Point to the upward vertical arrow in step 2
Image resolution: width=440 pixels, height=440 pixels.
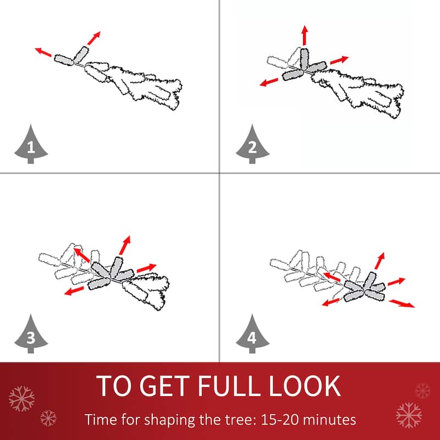(x=305, y=35)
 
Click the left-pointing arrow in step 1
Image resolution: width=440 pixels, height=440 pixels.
(x=43, y=52)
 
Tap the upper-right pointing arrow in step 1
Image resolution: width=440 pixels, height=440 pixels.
(x=94, y=38)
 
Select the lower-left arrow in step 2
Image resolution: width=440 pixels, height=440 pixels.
(x=268, y=82)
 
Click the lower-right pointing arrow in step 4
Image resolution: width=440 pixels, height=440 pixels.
(x=402, y=304)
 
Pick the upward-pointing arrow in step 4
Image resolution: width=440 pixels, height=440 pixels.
(x=380, y=261)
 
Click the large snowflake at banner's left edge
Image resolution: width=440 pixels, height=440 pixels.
(x=21, y=398)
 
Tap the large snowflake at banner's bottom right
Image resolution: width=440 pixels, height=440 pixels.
(x=409, y=415)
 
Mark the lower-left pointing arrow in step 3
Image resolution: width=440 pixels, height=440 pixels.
(x=74, y=291)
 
